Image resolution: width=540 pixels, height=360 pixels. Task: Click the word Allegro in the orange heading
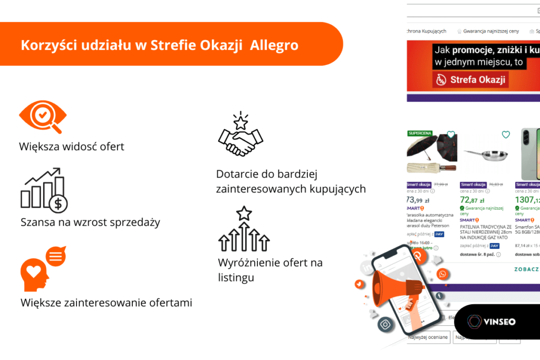coord(274,45)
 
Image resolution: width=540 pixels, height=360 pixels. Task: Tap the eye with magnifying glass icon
coord(43,116)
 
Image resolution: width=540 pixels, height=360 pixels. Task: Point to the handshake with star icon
coord(240,136)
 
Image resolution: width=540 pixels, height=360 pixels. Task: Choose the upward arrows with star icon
coord(244,229)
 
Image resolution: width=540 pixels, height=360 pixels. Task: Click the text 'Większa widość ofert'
coord(72,147)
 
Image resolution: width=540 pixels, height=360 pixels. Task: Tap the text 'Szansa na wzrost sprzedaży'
coord(90,222)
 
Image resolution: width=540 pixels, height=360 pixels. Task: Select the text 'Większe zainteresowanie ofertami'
coord(107,303)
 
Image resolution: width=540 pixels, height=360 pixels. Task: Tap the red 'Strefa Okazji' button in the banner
coord(470,80)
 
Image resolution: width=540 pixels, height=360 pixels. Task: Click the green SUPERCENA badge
coord(420,133)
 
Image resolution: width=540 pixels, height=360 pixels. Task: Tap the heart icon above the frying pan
coord(506,135)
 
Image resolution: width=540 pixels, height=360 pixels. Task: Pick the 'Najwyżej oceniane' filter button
coord(428,337)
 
